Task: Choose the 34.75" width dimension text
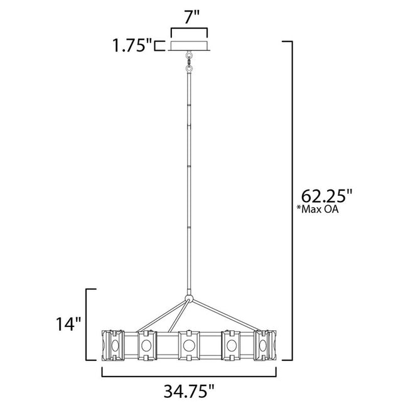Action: click(x=189, y=391)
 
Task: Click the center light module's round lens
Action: click(x=188, y=345)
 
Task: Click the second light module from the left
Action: click(x=146, y=345)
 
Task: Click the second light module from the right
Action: click(x=231, y=345)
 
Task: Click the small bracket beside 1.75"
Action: click(x=160, y=46)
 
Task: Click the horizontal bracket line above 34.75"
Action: click(x=189, y=376)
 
